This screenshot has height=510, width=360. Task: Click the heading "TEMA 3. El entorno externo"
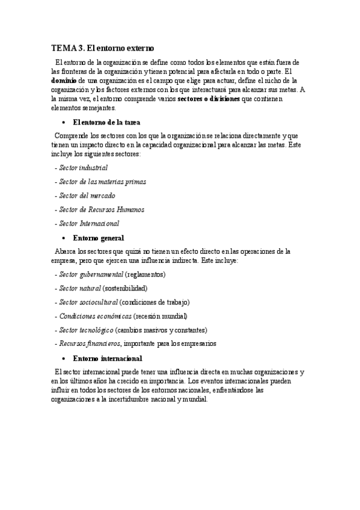pyautogui.click(x=103, y=48)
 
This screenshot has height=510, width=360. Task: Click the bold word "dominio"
pyautogui.click(x=63, y=80)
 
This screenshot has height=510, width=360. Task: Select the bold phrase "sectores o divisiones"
pyautogui.click(x=209, y=99)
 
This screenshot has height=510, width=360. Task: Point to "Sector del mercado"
pyautogui.click(x=87, y=195)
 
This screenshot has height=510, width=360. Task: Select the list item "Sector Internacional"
pyautogui.click(x=89, y=224)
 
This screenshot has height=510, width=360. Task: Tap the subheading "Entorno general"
pyautogui.click(x=98, y=238)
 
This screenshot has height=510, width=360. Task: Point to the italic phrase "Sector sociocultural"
pyautogui.click(x=88, y=302)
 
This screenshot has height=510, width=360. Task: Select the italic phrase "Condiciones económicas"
pyautogui.click(x=95, y=316)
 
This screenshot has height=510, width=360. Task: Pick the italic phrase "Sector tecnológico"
pyautogui.click(x=86, y=330)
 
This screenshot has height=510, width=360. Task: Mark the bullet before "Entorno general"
pyautogui.click(x=63, y=238)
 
